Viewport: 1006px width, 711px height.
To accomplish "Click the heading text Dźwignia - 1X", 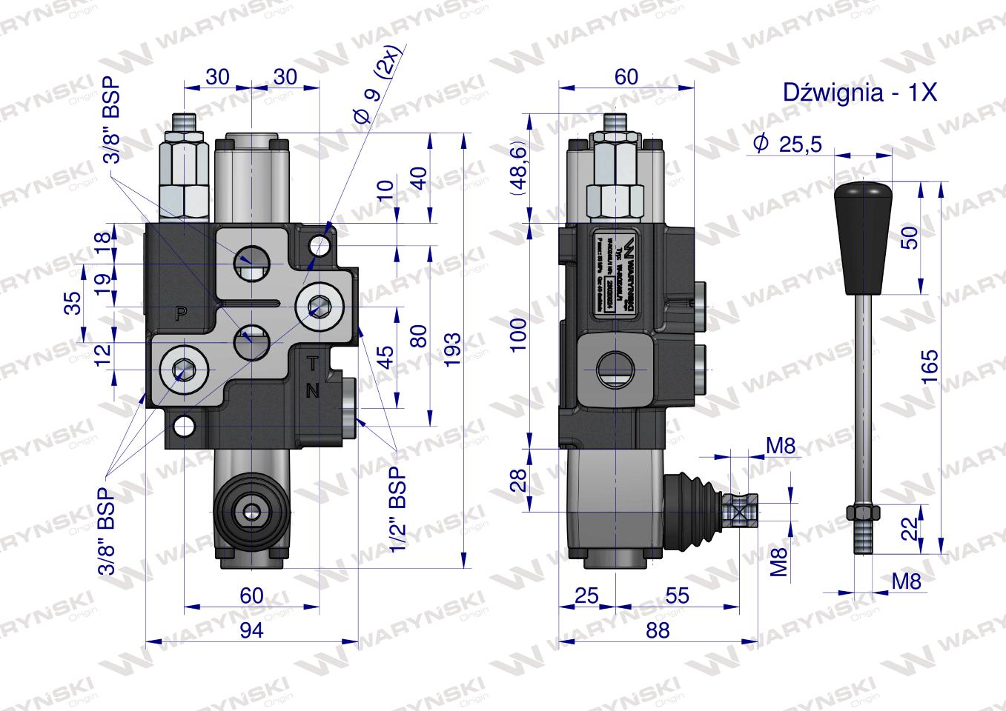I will click(x=860, y=93).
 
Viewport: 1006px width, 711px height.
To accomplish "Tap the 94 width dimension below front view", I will click(x=252, y=630).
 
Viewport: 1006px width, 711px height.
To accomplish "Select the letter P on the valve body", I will click(x=179, y=313).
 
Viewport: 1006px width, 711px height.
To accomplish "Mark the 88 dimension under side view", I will click(x=657, y=630).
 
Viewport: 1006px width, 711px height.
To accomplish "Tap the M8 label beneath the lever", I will click(x=905, y=581).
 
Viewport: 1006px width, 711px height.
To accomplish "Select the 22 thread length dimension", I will click(x=911, y=529).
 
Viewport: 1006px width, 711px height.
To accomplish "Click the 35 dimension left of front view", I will click(x=73, y=303).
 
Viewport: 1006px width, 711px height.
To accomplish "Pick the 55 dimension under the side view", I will click(x=677, y=595).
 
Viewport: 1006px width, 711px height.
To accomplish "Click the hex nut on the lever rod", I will click(x=862, y=513).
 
